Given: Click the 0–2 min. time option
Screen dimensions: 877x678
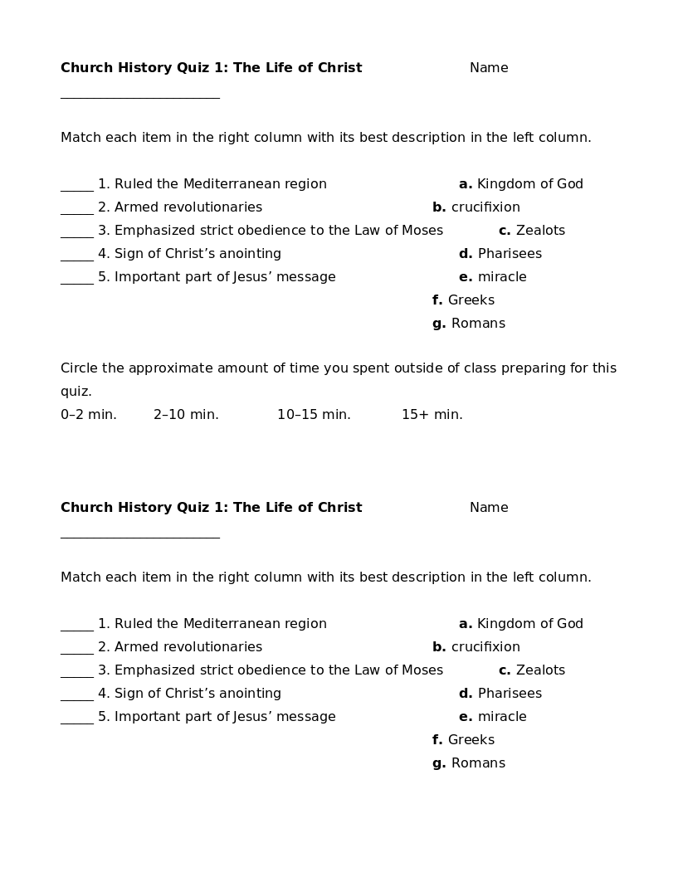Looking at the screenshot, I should [x=88, y=415].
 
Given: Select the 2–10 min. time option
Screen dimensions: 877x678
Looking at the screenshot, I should [x=186, y=415].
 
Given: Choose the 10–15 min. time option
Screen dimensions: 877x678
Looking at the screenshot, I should [x=314, y=415].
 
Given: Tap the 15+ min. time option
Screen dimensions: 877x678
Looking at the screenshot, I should [x=432, y=415].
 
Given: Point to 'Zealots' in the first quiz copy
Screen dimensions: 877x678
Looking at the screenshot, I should [x=540, y=231].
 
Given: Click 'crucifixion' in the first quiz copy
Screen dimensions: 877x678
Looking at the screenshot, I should [x=485, y=207].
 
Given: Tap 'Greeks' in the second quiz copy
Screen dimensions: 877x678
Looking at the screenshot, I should [x=471, y=740].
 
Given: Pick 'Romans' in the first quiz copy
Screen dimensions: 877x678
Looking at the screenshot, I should [x=478, y=324].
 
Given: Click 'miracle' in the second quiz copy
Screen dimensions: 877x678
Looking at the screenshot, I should [x=502, y=717].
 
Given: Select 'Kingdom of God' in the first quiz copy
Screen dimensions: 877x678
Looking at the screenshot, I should [x=529, y=184].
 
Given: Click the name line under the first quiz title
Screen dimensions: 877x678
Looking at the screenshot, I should [x=139, y=96].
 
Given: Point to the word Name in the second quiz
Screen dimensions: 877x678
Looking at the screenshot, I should [x=489, y=508].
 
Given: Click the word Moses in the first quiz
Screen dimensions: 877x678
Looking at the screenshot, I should [x=422, y=231].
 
